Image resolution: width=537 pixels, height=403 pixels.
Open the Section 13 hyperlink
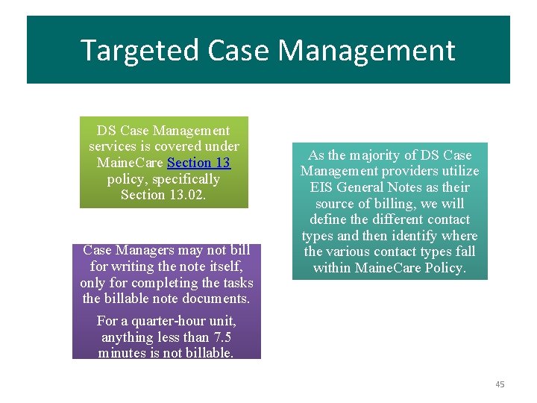(x=199, y=163)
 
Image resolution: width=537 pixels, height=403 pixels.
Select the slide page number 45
(x=500, y=384)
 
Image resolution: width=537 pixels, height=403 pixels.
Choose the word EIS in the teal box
(x=321, y=187)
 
